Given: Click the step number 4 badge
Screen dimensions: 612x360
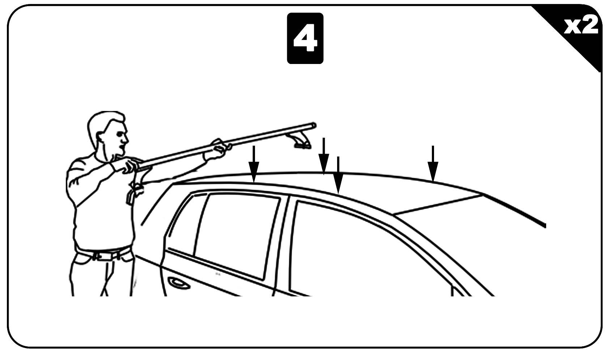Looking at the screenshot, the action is (x=305, y=38).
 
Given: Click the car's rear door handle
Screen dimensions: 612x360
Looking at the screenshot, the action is (x=179, y=283).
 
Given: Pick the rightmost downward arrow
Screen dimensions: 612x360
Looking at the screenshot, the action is (x=433, y=163).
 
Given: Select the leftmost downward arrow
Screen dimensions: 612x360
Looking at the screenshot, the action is (x=254, y=164).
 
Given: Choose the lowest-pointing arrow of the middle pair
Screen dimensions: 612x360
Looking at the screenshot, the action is (x=338, y=175).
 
